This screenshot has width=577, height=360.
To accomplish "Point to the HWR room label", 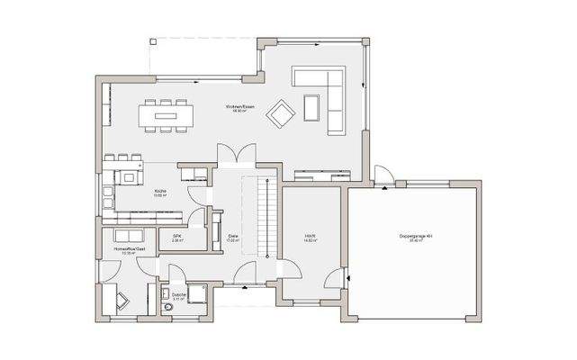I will pos(310,238).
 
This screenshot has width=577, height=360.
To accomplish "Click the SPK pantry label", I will pos(177,238).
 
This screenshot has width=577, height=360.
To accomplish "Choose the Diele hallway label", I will pos(232,238).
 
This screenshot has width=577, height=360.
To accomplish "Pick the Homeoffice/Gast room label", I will pos(125,249).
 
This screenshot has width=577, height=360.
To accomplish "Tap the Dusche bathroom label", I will pos(177,296).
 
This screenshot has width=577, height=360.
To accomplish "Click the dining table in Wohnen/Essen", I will pos(166,114).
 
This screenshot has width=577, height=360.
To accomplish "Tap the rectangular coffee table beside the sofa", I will pos(311,107).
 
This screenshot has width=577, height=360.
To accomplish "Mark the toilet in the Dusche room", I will pos(167,309).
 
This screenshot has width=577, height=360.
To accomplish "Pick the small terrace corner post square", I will pos(153,41).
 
